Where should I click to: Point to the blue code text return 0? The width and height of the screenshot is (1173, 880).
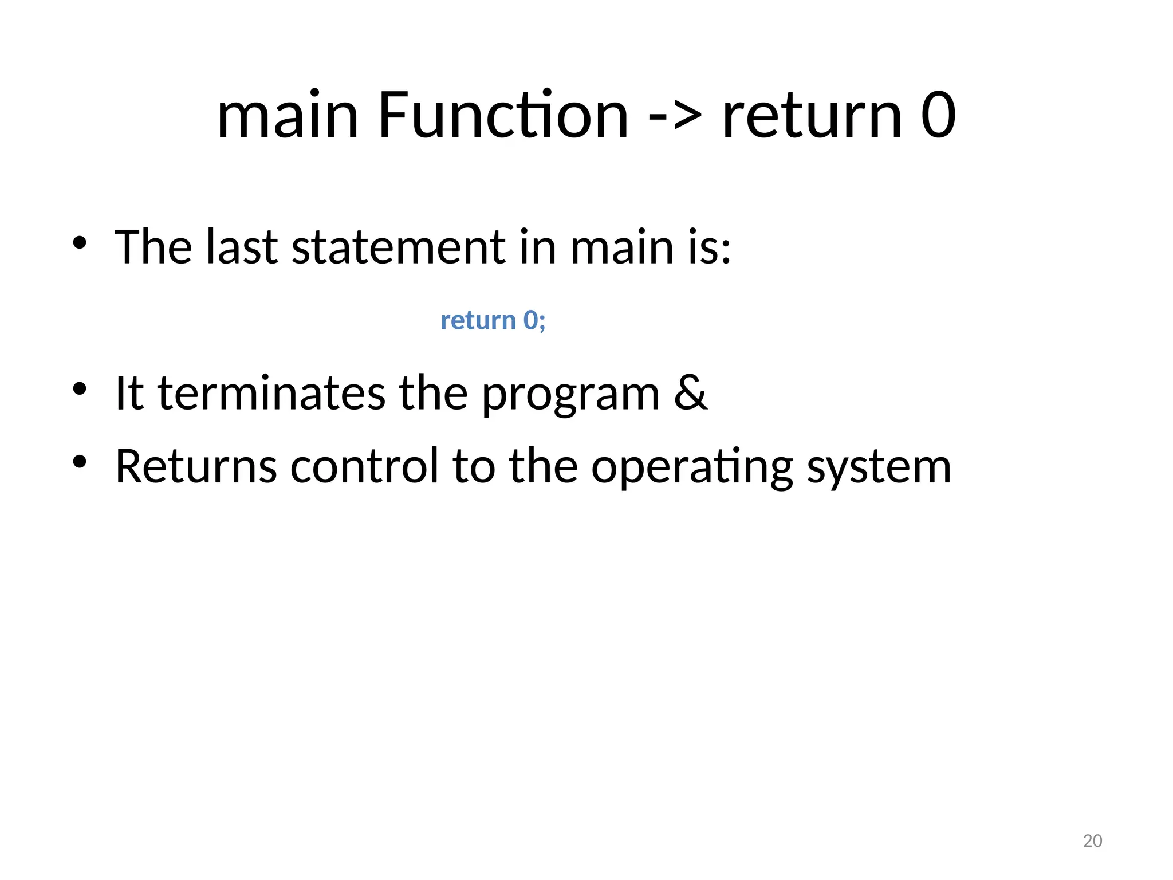[x=493, y=320]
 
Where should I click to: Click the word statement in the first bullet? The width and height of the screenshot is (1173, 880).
[x=398, y=247]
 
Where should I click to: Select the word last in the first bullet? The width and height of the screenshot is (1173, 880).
[x=242, y=247]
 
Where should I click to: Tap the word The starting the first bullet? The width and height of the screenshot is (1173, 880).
[x=153, y=247]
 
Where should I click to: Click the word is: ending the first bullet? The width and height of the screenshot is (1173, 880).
[x=710, y=247]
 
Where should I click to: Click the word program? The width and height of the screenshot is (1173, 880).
[x=570, y=395]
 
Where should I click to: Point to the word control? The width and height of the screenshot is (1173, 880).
[x=364, y=466]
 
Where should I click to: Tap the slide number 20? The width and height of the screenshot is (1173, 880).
[x=1092, y=841]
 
